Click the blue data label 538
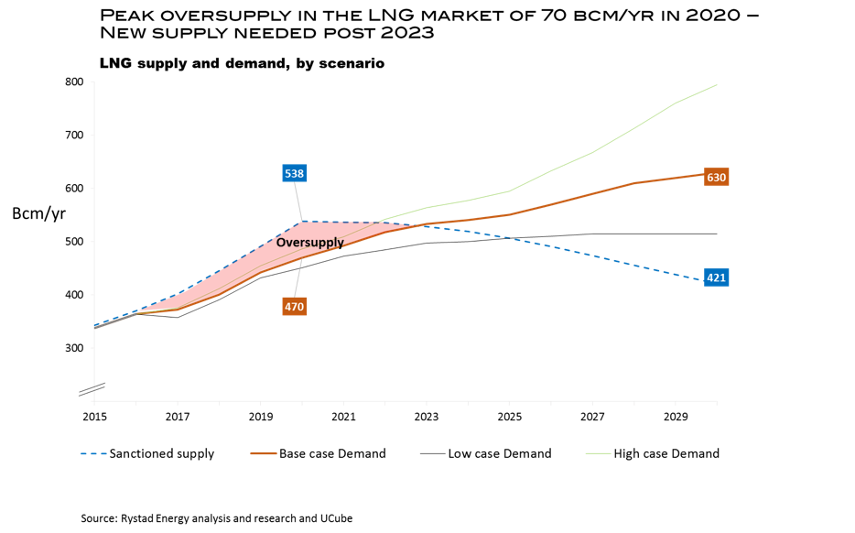click(294, 174)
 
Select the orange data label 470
click(294, 307)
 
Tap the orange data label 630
click(716, 178)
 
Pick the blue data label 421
click(716, 277)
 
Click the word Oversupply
click(309, 243)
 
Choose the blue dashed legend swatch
click(93, 453)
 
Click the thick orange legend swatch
click(264, 453)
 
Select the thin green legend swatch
click(598, 453)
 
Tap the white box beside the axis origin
click(72, 402)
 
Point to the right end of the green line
click(717, 85)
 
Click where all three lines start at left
click(94, 327)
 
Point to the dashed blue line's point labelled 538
click(302, 222)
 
